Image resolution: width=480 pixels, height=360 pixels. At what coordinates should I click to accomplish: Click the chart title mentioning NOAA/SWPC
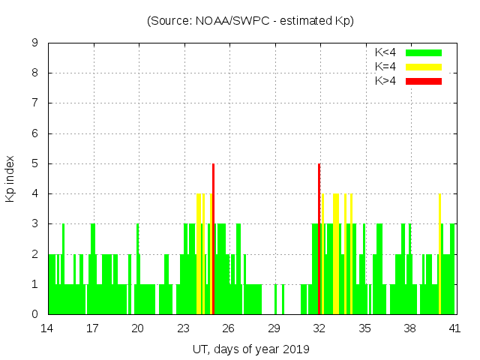tap(250, 20)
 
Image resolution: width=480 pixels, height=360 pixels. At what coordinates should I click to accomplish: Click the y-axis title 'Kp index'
tap(10, 179)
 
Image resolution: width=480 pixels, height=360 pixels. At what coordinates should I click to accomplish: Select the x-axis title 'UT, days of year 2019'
tap(250, 349)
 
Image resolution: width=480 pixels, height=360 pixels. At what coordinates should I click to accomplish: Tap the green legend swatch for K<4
tap(424, 52)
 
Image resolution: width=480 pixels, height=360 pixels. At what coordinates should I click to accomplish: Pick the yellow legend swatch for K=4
tap(424, 67)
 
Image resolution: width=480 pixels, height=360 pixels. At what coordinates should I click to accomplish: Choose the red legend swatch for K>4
tap(424, 80)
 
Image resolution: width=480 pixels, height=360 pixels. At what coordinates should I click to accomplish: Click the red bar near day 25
tap(214, 240)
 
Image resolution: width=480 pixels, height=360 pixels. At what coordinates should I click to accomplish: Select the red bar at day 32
tap(319, 240)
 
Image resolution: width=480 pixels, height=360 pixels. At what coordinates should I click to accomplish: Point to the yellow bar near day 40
tap(440, 255)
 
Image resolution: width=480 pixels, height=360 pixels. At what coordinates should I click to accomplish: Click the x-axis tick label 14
tap(47, 328)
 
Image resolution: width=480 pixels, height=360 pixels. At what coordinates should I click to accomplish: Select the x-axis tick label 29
tap(274, 328)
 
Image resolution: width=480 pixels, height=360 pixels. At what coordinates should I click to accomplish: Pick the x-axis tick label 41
tap(454, 328)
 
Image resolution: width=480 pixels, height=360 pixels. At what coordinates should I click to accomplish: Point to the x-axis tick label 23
tap(183, 328)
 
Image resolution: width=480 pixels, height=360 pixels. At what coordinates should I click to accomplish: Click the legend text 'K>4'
tap(385, 80)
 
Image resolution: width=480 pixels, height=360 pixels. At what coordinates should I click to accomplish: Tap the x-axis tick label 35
tap(364, 328)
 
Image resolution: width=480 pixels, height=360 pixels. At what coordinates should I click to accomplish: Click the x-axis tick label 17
tap(92, 328)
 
